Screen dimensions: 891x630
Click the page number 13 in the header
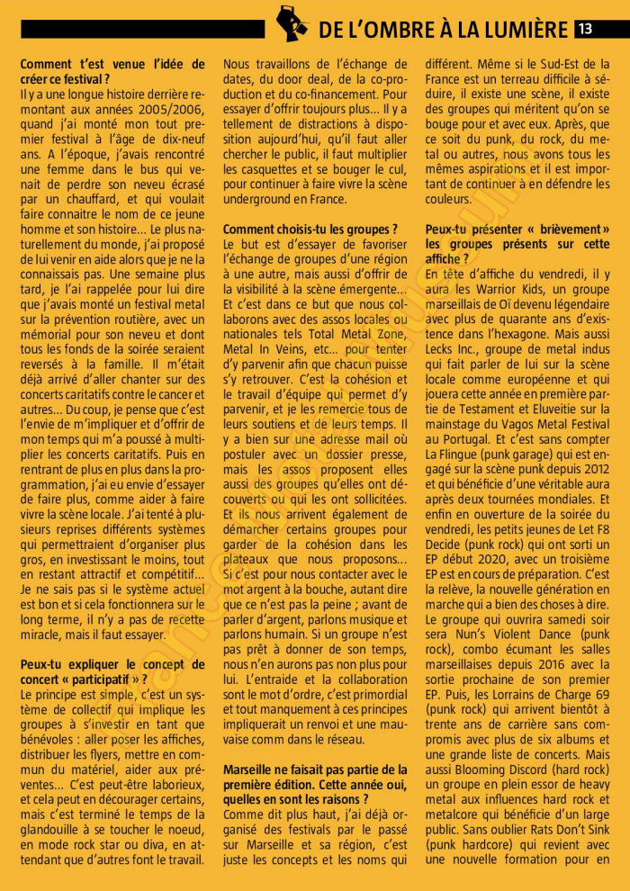coord(584,29)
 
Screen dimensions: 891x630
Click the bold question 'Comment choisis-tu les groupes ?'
coord(309,229)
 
